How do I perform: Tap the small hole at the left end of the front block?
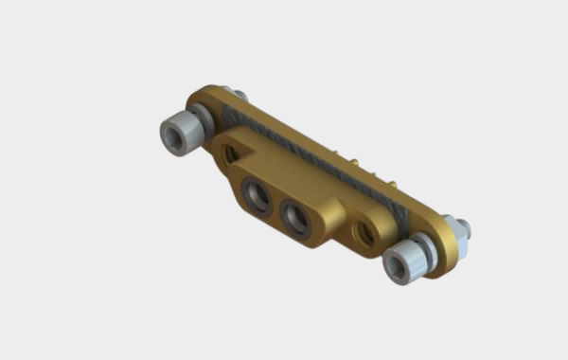(x=230, y=155)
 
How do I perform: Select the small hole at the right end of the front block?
(x=363, y=235)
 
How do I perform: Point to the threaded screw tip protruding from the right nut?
(x=464, y=225)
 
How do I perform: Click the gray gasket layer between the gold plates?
(x=312, y=156)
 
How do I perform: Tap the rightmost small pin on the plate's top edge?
(x=389, y=180)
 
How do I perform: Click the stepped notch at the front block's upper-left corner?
(x=221, y=141)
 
